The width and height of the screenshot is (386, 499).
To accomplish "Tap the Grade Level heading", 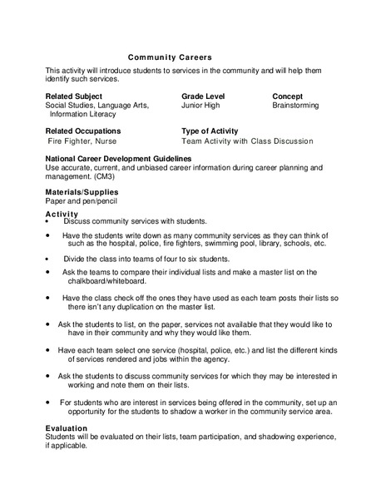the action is (205, 96).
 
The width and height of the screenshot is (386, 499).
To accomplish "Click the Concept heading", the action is (287, 96).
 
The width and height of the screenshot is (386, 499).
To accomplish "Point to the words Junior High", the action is (203, 106).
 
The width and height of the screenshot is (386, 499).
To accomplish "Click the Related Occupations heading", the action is (82, 131).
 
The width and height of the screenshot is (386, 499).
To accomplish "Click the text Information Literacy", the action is (82, 115).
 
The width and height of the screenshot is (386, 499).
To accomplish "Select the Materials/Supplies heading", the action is (82, 192).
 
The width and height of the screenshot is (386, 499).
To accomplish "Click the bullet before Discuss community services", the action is (50, 221).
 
